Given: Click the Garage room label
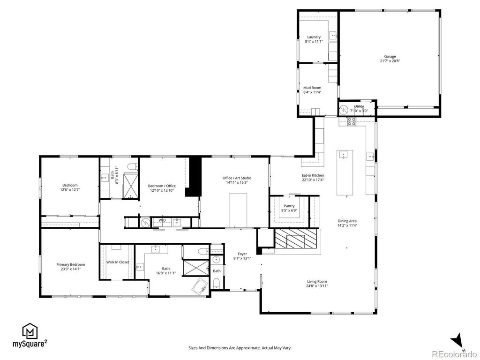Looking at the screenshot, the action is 390,56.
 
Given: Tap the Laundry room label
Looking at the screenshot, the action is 314,37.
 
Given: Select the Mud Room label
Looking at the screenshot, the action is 312,88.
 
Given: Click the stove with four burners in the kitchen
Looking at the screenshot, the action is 351,121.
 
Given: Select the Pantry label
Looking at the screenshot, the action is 289,206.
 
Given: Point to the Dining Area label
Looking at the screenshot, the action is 347,221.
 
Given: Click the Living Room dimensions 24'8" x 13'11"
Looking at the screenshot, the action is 317,286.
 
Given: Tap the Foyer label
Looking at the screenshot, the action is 242,254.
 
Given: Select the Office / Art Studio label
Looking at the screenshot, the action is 237,178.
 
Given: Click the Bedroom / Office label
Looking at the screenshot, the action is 162,186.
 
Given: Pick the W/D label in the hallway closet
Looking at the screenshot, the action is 162,220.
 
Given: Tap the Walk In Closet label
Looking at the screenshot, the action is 118,262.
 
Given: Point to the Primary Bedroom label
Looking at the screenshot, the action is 71,264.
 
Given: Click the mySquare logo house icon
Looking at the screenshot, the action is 30,330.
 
